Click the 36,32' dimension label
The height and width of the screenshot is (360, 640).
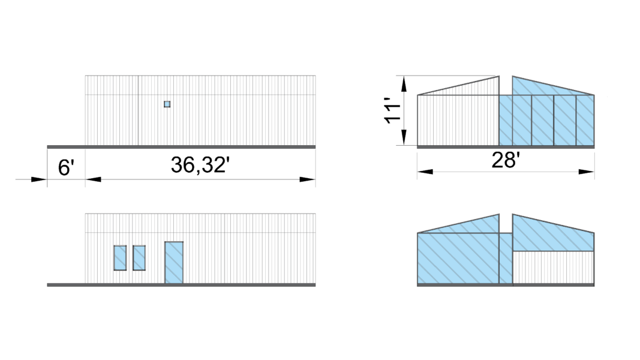pyautogui.click(x=200, y=165)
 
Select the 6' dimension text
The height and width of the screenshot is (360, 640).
pyautogui.click(x=65, y=167)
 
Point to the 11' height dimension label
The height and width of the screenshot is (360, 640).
pyautogui.click(x=393, y=112)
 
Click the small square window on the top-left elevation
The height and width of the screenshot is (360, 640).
pyautogui.click(x=167, y=104)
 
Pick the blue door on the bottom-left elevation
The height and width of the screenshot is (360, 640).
pyautogui.click(x=174, y=262)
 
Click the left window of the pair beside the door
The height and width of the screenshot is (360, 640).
pyautogui.click(x=120, y=257)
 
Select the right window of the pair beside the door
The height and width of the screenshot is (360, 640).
pyautogui.click(x=139, y=257)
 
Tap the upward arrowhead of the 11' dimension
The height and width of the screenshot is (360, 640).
pyautogui.click(x=404, y=83)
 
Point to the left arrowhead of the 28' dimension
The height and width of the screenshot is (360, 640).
pyautogui.click(x=425, y=172)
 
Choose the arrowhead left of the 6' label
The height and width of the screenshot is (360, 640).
pyautogui.click(x=39, y=179)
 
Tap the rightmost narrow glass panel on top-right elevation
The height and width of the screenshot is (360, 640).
pyautogui.click(x=585, y=121)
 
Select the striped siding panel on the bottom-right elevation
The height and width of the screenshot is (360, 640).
pyautogui.click(x=553, y=268)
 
